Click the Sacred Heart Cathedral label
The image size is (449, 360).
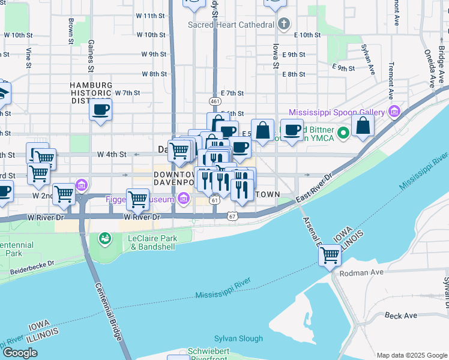231,25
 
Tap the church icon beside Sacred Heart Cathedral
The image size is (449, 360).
285,25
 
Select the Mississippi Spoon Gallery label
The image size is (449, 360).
336,112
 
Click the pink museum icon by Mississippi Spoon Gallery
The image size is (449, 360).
394,112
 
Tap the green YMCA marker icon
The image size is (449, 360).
343,133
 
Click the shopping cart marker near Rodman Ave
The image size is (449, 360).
330,255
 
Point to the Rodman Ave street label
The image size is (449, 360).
361,272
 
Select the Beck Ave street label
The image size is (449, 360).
401,315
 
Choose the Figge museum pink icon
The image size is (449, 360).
181,199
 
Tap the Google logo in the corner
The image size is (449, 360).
21,352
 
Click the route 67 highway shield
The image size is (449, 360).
233,215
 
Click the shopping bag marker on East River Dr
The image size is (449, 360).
363,125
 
